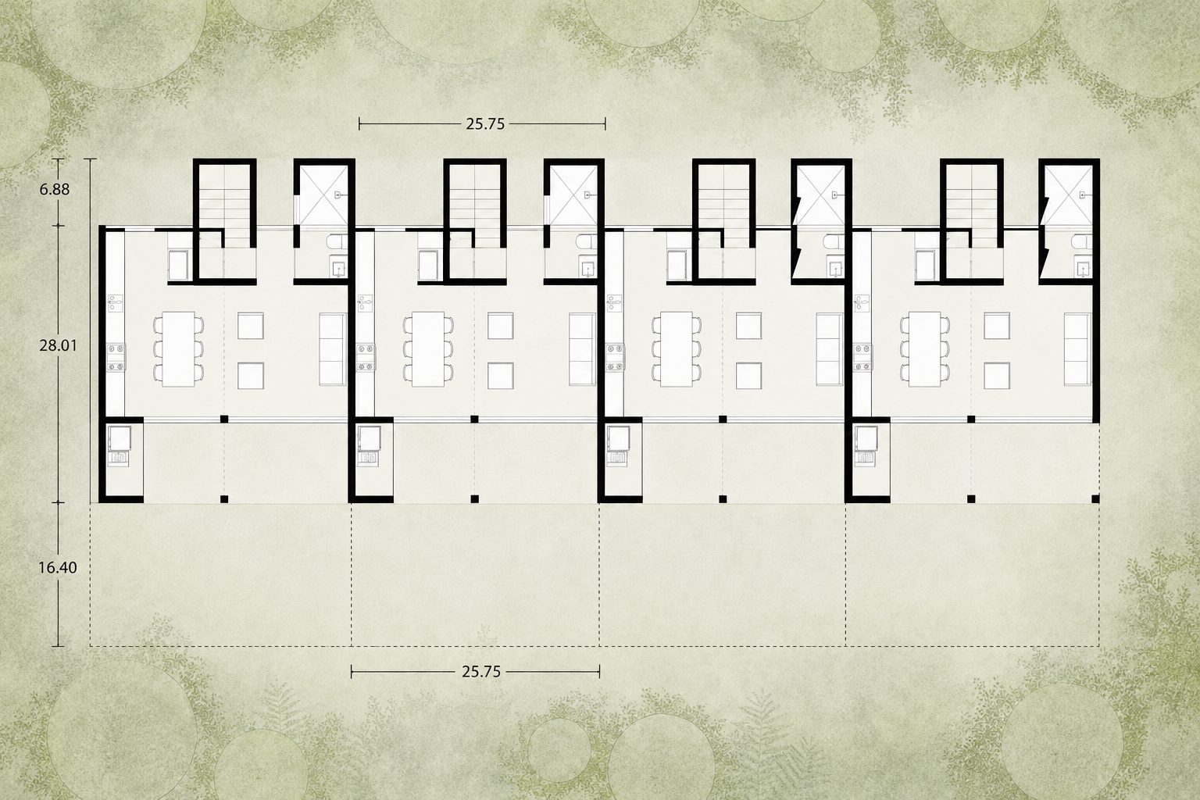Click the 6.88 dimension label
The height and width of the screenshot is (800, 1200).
(x=54, y=189)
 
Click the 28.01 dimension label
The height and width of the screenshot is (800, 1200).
(x=58, y=345)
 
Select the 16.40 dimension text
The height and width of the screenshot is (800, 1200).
(x=57, y=567)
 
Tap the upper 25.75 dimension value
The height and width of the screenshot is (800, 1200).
(x=485, y=124)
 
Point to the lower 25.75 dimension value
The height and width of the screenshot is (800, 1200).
(x=481, y=672)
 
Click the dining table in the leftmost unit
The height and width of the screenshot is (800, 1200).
(x=178, y=348)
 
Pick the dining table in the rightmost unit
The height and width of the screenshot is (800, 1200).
(x=925, y=348)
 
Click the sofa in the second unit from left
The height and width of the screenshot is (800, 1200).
(x=582, y=349)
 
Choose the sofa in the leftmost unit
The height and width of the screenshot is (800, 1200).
(x=333, y=349)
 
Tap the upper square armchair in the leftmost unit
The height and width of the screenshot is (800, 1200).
(x=250, y=326)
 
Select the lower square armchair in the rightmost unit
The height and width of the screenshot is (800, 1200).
(x=997, y=376)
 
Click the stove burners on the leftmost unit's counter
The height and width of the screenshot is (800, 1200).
(x=116, y=357)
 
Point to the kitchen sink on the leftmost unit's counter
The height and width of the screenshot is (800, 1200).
(x=115, y=303)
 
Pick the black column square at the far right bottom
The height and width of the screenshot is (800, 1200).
(x=1095, y=499)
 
